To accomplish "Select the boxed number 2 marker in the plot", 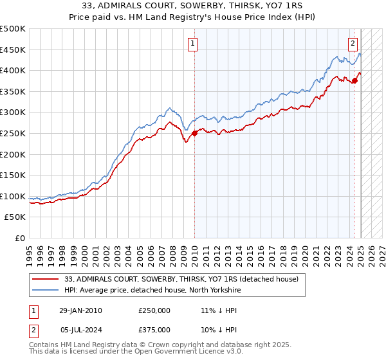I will [353, 44].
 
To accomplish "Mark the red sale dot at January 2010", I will [194, 133].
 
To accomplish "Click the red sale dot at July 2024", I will [354, 80].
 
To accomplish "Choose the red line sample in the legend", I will [45, 280].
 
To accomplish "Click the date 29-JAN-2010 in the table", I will [81, 310].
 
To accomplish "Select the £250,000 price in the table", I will [154, 310].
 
